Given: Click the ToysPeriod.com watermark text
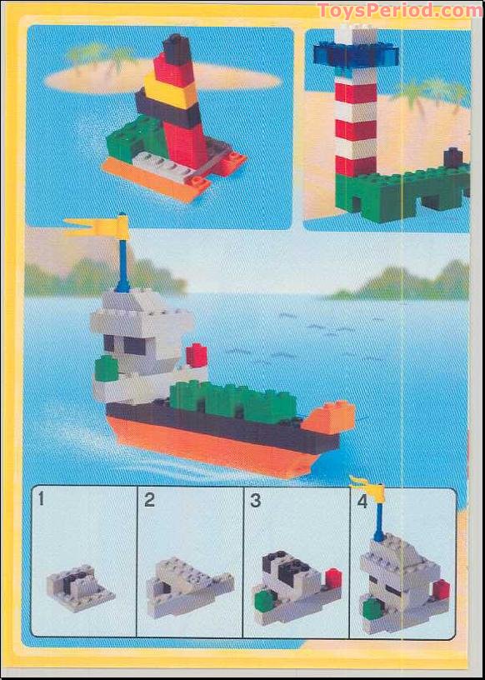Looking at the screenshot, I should click(x=399, y=11).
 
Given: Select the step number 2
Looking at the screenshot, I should click(x=149, y=500).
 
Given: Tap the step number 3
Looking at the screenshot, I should click(x=256, y=500).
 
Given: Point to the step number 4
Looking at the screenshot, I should click(x=362, y=502).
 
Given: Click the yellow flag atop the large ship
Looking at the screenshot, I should click(x=98, y=226).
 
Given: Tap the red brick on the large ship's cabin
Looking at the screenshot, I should click(x=196, y=355).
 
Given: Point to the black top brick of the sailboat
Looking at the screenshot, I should click(x=177, y=49).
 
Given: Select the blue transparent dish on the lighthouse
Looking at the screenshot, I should click(x=357, y=54).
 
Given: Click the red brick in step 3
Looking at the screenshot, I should click(x=333, y=577).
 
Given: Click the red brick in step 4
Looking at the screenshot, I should click(x=441, y=590).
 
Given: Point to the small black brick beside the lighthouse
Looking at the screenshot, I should click(x=453, y=157).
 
